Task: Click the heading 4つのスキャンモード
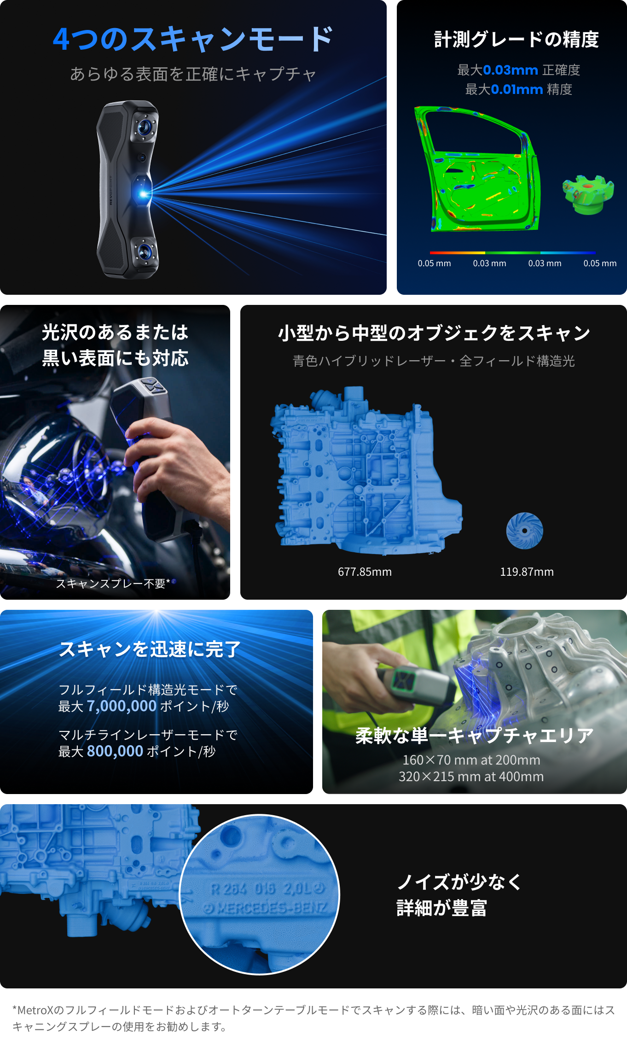[x=193, y=39]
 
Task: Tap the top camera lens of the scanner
[x=145, y=126]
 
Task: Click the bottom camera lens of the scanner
[x=145, y=251]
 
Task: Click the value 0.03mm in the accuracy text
[x=511, y=70]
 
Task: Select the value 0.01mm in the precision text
[x=517, y=89]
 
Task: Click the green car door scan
[x=477, y=169]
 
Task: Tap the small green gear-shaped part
[x=588, y=194]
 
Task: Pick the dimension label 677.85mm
[x=365, y=572]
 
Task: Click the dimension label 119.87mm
[x=527, y=572]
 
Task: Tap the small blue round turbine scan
[x=524, y=531]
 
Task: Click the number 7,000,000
[x=122, y=706]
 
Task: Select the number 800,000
[x=115, y=751]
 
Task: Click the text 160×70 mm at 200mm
[x=471, y=760]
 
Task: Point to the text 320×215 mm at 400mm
[x=471, y=777]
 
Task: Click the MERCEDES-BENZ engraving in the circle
[x=265, y=908]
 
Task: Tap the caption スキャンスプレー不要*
[x=113, y=584]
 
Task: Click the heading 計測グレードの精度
[x=517, y=39]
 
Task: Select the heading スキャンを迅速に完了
[x=150, y=649]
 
